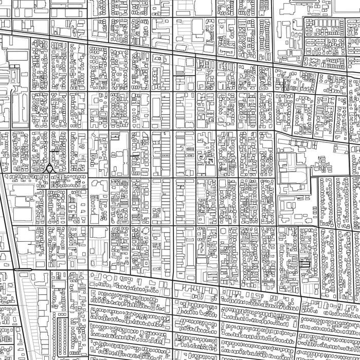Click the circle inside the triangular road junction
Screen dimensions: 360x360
tap(49, 168)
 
